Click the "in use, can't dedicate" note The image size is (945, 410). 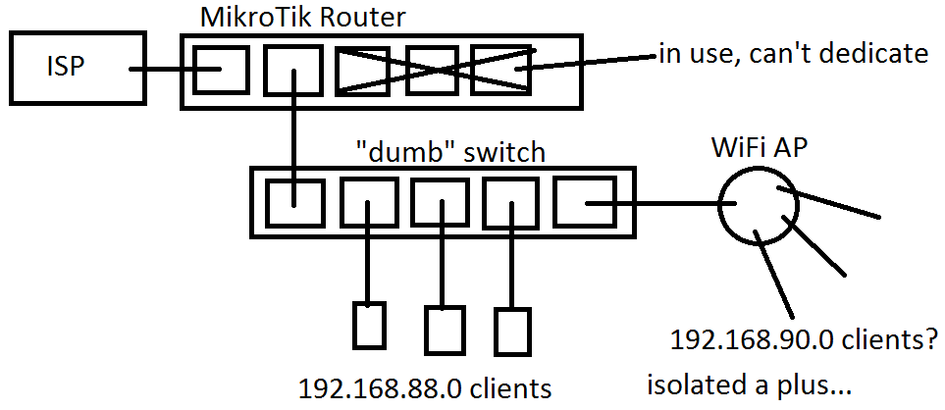[792, 54]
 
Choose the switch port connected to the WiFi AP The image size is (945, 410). [582, 203]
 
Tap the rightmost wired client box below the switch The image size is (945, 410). [511, 331]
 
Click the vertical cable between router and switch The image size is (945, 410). [292, 137]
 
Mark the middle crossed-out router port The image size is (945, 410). [432, 71]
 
